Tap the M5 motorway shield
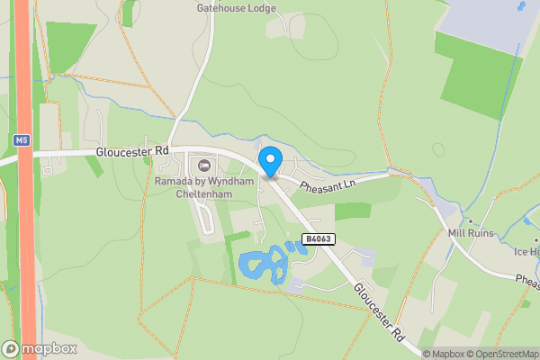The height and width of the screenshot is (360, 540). (22, 140)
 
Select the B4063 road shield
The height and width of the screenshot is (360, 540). (317, 239)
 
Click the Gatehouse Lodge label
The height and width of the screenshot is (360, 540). (237, 8)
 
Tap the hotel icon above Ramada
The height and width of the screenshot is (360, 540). (204, 165)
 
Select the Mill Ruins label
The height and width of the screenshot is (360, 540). (472, 233)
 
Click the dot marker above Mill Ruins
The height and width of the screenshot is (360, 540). (469, 220)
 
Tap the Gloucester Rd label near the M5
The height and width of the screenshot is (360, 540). (132, 152)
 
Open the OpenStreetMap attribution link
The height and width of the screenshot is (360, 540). (501, 354)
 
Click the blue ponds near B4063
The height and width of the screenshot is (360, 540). (264, 266)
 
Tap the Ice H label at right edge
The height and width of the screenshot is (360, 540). (526, 251)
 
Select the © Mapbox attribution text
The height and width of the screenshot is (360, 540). (442, 354)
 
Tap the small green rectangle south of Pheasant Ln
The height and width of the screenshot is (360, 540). (353, 211)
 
